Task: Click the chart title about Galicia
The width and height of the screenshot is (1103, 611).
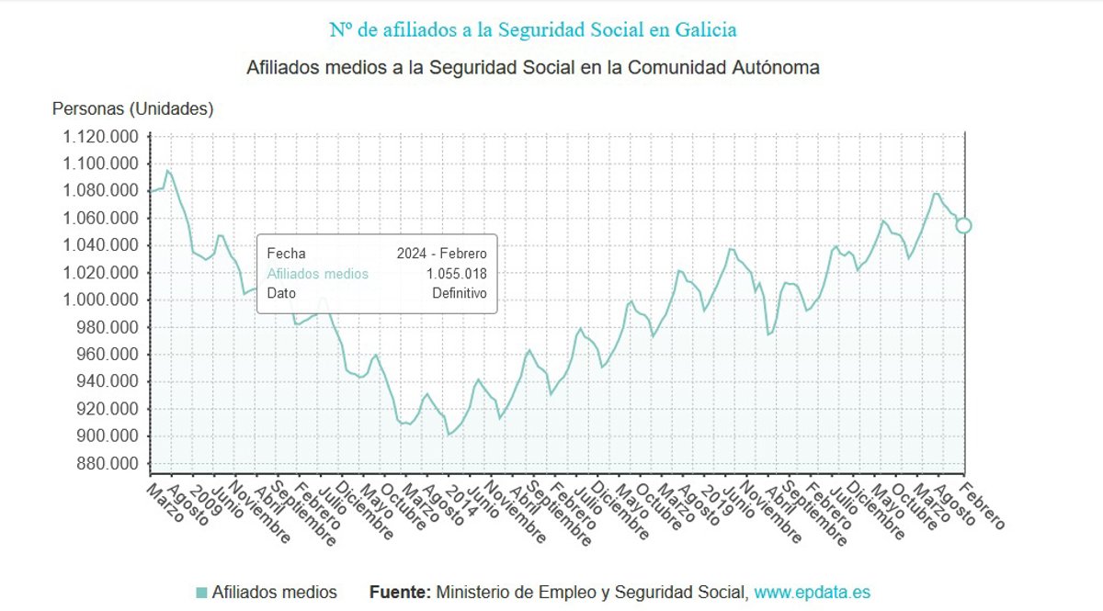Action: click(x=533, y=29)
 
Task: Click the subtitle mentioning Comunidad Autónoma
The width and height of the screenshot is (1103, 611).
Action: click(x=533, y=68)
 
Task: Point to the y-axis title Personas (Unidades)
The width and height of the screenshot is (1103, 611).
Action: click(x=132, y=108)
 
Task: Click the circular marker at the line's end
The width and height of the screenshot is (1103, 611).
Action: click(x=963, y=225)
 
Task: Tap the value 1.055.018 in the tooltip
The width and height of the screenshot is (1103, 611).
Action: click(x=456, y=274)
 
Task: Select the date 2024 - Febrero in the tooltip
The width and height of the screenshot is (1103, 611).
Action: click(x=441, y=254)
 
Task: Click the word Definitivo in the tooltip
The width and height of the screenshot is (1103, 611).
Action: click(x=459, y=294)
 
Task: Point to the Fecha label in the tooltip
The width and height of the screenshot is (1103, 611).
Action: click(x=286, y=254)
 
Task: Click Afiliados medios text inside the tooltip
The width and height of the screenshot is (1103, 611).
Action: click(x=317, y=274)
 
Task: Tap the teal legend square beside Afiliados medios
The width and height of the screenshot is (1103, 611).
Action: click(x=201, y=593)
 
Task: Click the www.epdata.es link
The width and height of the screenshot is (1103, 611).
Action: click(x=812, y=593)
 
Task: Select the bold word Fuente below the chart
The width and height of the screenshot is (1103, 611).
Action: click(x=400, y=593)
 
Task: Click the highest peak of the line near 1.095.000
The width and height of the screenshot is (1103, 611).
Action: click(x=167, y=170)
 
